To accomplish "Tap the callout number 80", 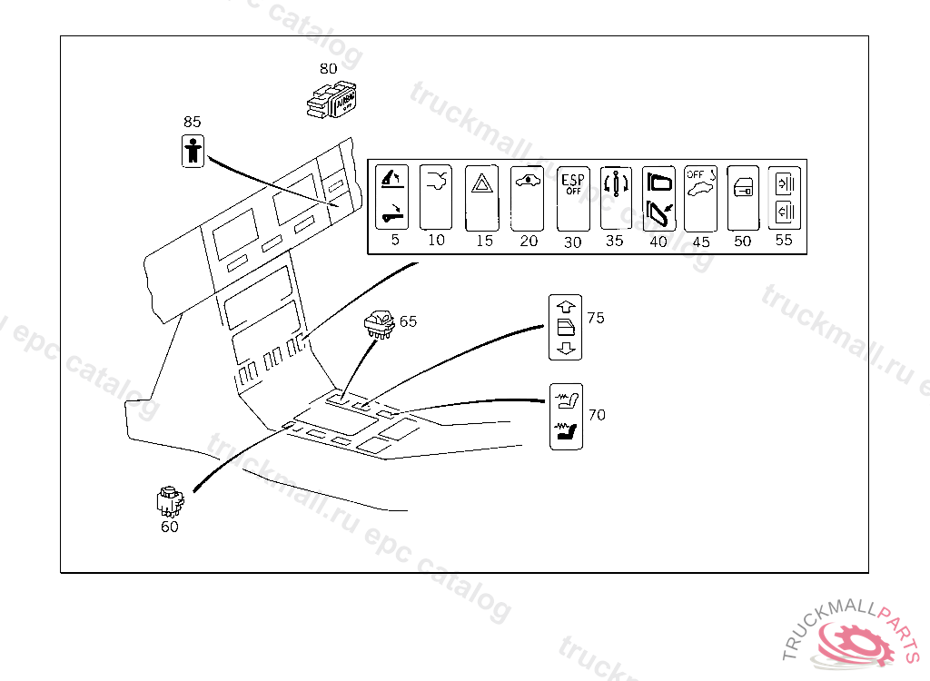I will (328, 68).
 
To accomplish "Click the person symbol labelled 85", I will (193, 150).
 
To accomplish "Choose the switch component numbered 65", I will (379, 323).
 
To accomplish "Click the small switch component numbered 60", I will (169, 500).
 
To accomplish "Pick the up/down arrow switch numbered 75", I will (565, 327).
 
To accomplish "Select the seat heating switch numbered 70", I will (567, 416).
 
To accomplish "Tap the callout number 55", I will (784, 241).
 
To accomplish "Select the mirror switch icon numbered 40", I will (658, 198).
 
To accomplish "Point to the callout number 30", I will (572, 242).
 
